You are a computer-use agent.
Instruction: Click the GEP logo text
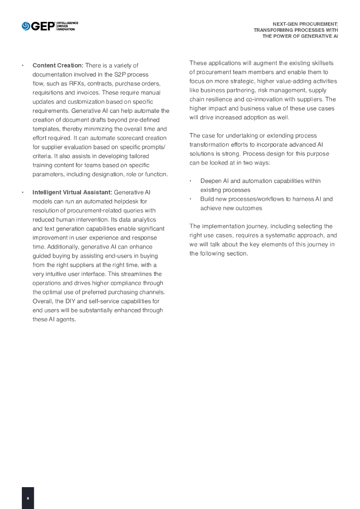coord(43,26)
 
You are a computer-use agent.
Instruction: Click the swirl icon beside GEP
coord(26,26)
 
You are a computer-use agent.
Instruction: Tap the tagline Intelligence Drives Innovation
coord(67,26)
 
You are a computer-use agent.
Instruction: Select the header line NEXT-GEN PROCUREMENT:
coord(305,24)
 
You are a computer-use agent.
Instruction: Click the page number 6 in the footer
coord(28,498)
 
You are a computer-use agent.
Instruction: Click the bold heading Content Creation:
coord(58,66)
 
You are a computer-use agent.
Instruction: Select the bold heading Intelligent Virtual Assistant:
coord(72,192)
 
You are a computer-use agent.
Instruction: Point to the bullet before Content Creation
coord(23,66)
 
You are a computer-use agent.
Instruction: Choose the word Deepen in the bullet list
coord(210,181)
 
